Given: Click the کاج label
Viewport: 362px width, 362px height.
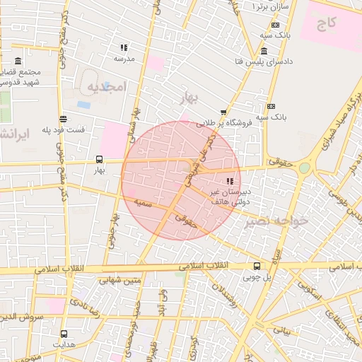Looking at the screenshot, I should (327, 24).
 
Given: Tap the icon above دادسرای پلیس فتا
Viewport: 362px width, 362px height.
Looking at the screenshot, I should (264, 51).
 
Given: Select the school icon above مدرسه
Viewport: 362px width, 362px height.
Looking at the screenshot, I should (124, 48).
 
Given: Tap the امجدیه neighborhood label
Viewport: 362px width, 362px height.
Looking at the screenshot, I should (107, 86).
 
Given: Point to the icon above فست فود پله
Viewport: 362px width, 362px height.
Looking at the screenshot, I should (64, 119).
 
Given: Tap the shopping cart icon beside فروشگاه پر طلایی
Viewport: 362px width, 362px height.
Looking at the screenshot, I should (224, 112).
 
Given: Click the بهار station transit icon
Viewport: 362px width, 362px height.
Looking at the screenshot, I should (98, 159).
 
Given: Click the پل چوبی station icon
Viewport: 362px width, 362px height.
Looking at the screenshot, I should (256, 267).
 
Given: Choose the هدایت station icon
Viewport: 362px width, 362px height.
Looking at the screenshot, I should (64, 333).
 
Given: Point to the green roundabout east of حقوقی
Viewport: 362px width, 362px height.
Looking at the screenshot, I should (304, 168).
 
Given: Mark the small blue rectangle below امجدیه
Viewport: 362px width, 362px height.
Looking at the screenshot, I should (84, 105).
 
